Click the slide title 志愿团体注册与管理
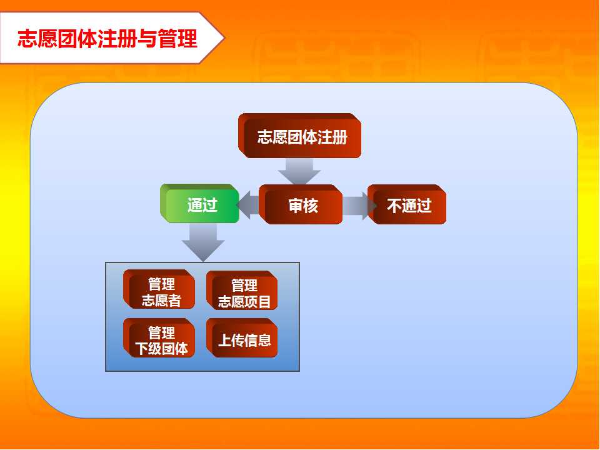[x=107, y=38]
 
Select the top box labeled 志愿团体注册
[x=299, y=136]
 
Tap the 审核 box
[x=301, y=204]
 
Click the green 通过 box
[x=200, y=203]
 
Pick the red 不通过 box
[x=407, y=204]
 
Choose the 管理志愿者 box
[x=159, y=289]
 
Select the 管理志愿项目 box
[x=242, y=290]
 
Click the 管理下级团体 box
[x=159, y=338]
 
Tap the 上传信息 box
[x=242, y=338]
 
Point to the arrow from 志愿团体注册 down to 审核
[x=299, y=171]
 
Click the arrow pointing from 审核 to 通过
[x=248, y=205]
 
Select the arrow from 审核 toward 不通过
[x=359, y=206]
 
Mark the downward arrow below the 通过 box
[x=203, y=242]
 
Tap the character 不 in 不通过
[x=394, y=206]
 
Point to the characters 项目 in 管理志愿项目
[x=257, y=302]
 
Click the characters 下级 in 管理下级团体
[x=148, y=349]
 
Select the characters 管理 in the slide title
[x=177, y=38]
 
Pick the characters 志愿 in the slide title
[x=37, y=38]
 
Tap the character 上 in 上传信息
[x=224, y=340]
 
